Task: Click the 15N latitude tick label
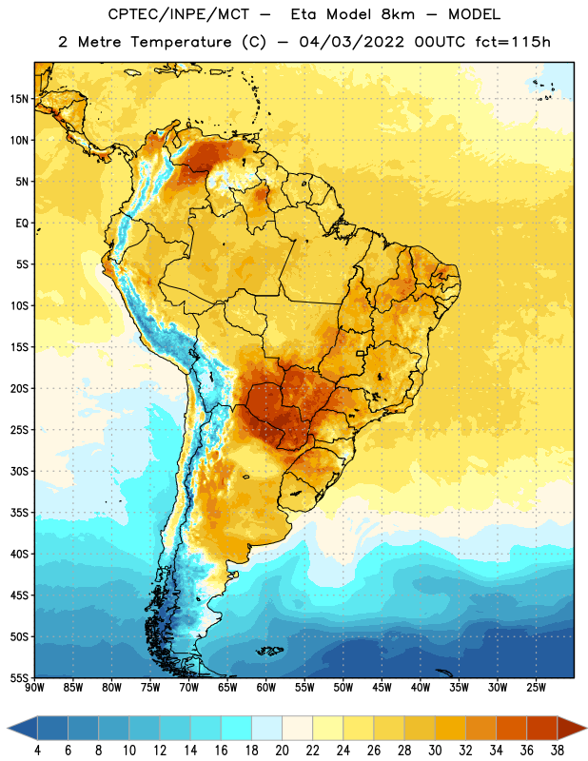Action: click(x=19, y=99)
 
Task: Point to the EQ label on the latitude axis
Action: click(x=22, y=224)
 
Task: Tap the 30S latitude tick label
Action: click(x=19, y=472)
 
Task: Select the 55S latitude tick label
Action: click(x=19, y=678)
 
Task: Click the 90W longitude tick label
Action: click(x=35, y=688)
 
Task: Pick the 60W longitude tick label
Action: click(x=266, y=688)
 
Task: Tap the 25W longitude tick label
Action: click(x=536, y=688)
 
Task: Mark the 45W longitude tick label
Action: click(x=382, y=688)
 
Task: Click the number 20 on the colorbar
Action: click(x=282, y=751)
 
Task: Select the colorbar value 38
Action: click(x=558, y=751)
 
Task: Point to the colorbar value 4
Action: click(x=37, y=751)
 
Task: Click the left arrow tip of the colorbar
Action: click(x=8, y=729)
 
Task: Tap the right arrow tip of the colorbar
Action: click(x=586, y=729)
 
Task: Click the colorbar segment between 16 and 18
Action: click(x=237, y=729)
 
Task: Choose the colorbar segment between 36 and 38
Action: click(x=542, y=729)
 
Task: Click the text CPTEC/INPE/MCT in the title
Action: click(x=179, y=14)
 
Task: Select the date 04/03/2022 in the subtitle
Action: click(x=351, y=42)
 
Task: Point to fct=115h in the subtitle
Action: click(x=513, y=42)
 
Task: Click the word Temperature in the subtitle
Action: click(x=181, y=42)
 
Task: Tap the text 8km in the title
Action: click(x=398, y=14)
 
